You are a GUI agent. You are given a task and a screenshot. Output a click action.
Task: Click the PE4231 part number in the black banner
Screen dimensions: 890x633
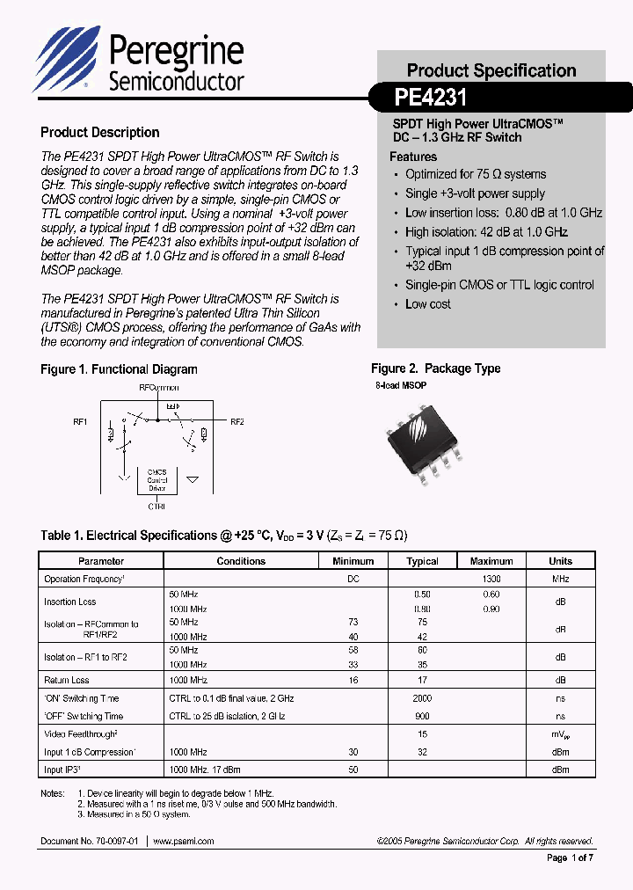click(x=432, y=96)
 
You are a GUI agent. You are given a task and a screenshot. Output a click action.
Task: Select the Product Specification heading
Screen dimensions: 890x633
click(x=491, y=70)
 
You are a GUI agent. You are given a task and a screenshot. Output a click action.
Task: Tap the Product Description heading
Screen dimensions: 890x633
click(x=100, y=133)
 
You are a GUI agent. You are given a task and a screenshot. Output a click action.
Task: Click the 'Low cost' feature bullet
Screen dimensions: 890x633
click(x=428, y=304)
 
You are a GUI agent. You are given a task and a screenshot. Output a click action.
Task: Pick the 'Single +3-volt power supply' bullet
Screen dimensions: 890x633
click(x=475, y=193)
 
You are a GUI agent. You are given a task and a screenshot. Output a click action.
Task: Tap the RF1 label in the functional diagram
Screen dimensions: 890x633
click(x=80, y=422)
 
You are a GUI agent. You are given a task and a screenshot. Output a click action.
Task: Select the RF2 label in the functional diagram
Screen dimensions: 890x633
click(x=236, y=422)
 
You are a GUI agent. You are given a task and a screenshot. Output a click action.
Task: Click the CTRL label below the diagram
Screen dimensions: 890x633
click(x=156, y=507)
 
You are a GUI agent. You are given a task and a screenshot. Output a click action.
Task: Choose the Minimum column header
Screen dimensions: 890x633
click(x=353, y=561)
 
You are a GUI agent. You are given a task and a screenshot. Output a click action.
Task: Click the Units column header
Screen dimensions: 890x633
click(x=560, y=561)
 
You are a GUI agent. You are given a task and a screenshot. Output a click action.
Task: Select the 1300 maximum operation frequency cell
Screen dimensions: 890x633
click(x=491, y=580)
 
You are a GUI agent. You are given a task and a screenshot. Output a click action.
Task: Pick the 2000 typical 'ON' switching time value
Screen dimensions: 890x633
click(x=422, y=697)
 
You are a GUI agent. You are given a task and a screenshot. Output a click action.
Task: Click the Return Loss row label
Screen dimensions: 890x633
click(x=67, y=680)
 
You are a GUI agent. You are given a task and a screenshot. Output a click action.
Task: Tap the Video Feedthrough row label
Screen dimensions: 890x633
click(x=81, y=733)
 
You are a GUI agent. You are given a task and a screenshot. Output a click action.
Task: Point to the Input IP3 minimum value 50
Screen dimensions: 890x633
click(x=353, y=770)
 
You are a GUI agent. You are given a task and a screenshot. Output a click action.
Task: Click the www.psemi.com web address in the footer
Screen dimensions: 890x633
click(x=184, y=842)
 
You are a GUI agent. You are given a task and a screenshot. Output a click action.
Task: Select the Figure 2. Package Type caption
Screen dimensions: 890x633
click(x=436, y=368)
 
